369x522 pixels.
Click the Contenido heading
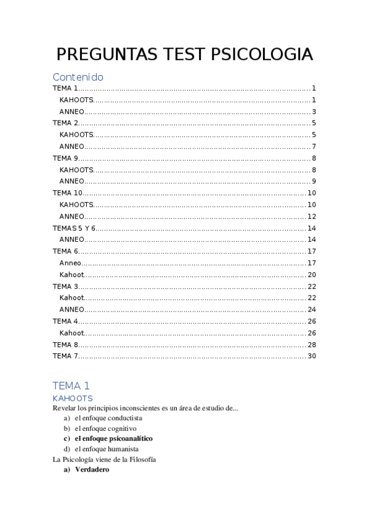tap(78, 77)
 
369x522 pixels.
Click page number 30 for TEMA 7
tap(311, 356)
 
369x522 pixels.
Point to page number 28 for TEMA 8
tap(311, 344)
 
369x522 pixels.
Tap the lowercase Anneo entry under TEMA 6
tap(70, 263)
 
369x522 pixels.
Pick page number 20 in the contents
tap(311, 275)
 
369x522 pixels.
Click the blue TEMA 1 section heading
tap(71, 386)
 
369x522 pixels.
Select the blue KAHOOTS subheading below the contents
tap(73, 398)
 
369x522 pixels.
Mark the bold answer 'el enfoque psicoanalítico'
tap(113, 438)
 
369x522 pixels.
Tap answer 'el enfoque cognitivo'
tap(105, 428)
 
